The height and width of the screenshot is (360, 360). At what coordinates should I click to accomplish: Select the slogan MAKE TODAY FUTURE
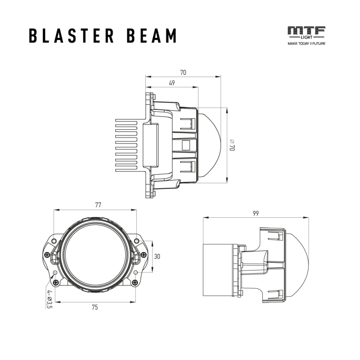(x=306, y=44)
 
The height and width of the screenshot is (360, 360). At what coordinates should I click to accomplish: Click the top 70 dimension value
(x=183, y=72)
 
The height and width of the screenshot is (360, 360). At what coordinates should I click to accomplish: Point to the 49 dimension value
(x=172, y=83)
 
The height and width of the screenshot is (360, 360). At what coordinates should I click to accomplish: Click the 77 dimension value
(x=98, y=205)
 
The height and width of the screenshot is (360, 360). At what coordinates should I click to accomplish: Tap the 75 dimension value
(x=94, y=307)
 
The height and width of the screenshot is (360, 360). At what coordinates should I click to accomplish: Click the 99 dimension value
(x=256, y=213)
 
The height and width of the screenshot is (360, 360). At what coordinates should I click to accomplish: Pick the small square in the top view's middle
(x=185, y=145)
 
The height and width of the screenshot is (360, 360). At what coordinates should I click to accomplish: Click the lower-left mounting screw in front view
(x=55, y=282)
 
